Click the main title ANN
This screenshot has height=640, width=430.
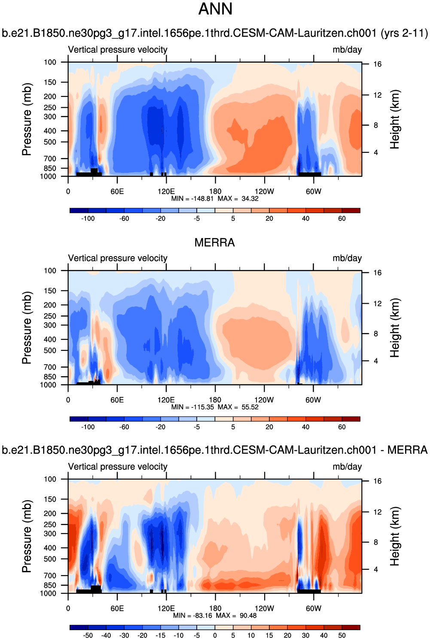(x=215, y=9)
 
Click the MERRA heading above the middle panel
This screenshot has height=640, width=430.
(x=214, y=243)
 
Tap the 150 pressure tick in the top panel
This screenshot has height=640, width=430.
(x=50, y=82)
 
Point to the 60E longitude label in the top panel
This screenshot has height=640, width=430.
(x=117, y=191)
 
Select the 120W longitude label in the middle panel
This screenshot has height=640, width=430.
(x=264, y=400)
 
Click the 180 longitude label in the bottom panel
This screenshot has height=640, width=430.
(x=215, y=608)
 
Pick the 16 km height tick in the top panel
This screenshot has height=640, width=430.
(x=377, y=64)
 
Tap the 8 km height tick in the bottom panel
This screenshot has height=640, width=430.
(x=376, y=542)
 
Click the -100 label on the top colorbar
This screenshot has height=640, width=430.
(x=88, y=218)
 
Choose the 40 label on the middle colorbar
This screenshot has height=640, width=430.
(x=305, y=427)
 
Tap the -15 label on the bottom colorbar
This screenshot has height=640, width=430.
(x=160, y=635)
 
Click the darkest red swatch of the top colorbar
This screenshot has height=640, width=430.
(x=351, y=210)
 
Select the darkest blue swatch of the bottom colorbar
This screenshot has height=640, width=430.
(x=79, y=627)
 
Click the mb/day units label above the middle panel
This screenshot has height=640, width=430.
(x=347, y=258)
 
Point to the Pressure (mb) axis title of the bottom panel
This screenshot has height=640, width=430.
(x=27, y=536)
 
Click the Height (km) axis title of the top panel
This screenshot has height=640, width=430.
(x=394, y=119)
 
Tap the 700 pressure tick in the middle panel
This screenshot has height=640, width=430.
(x=50, y=367)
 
